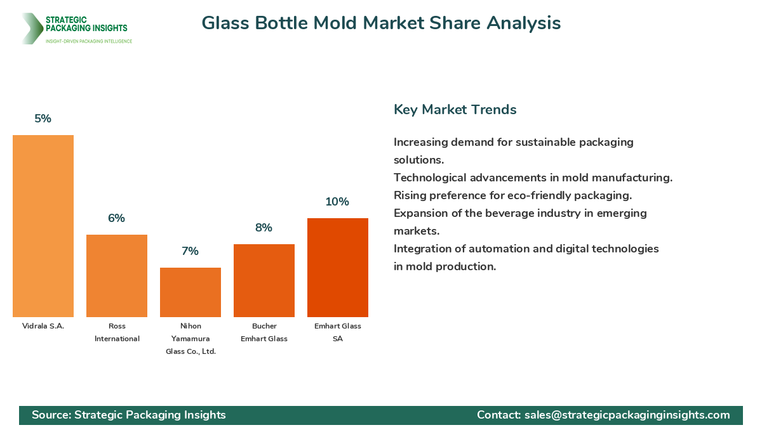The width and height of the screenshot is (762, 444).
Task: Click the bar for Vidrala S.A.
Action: coord(43,226)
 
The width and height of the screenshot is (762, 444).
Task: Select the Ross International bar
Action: coord(117,276)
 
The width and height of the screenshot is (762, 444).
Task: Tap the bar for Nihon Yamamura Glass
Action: coord(190,292)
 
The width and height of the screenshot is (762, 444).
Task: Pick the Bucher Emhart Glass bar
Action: coord(264,280)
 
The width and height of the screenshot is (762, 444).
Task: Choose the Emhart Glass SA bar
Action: coord(338,268)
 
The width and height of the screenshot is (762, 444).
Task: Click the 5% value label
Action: coord(43,119)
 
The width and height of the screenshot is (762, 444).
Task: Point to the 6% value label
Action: coord(117,218)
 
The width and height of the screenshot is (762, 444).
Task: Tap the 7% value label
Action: coord(190,251)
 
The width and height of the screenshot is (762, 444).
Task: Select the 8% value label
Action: coord(264,228)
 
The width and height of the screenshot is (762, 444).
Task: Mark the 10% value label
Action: coord(338,202)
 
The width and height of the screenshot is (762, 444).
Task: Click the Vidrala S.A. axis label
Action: coord(43,326)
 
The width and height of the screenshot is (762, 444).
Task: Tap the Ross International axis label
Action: coord(117,332)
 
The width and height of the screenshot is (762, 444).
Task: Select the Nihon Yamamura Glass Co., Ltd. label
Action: coord(190,339)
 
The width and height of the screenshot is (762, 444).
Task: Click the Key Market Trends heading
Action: coord(455,109)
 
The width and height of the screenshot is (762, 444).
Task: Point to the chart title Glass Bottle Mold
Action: coord(381,23)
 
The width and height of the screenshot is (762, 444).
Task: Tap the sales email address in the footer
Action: coord(627,415)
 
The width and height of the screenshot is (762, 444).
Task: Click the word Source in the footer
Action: coord(51,415)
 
